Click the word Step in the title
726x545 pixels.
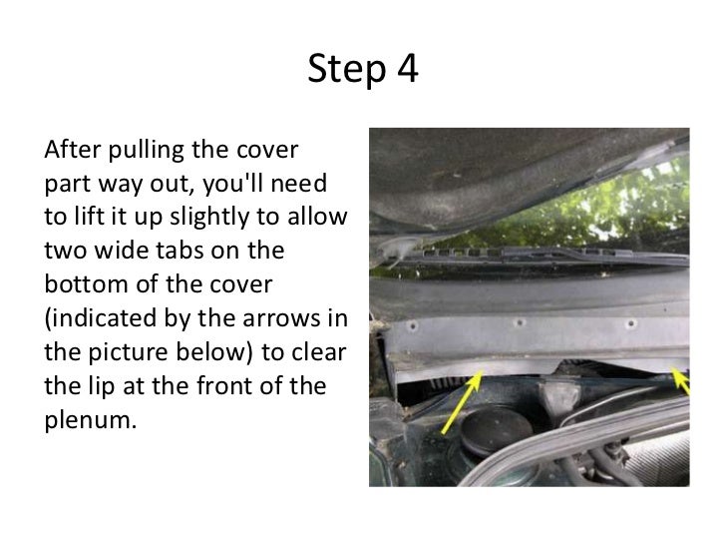[347, 70]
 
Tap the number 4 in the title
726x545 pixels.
[408, 68]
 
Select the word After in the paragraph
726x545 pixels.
[72, 150]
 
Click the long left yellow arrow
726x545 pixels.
[462, 402]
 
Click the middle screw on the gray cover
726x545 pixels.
[520, 322]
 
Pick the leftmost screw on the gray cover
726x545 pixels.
[412, 326]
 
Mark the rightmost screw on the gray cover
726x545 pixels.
[630, 324]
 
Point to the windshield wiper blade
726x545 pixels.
[533, 255]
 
